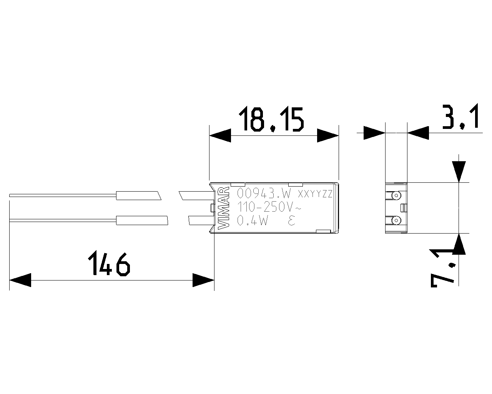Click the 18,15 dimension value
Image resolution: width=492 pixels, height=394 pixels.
tap(271, 119)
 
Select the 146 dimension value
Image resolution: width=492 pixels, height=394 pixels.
tap(109, 264)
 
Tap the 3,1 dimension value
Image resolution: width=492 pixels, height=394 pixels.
tap(460, 117)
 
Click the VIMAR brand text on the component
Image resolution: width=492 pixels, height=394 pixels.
tap(224, 208)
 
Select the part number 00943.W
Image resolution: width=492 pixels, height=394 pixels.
tap(264, 194)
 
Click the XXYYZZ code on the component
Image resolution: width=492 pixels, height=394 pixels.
tap(315, 194)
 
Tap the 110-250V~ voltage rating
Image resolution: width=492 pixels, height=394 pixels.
tap(269, 207)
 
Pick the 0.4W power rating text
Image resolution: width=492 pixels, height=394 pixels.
tap(252, 221)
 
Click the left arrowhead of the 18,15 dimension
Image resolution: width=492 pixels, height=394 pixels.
tap(220, 135)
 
